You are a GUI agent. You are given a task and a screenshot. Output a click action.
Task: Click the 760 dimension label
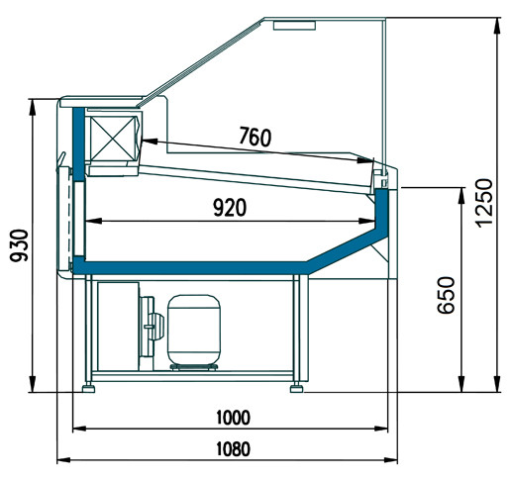pyautogui.click(x=255, y=137)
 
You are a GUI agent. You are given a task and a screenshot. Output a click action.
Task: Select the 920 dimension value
pyautogui.click(x=230, y=208)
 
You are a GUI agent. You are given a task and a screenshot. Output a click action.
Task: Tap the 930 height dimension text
pyautogui.click(x=19, y=245)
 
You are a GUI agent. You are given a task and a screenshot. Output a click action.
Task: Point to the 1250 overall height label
pyautogui.click(x=484, y=203)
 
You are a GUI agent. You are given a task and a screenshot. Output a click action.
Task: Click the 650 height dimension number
pyautogui.click(x=446, y=295)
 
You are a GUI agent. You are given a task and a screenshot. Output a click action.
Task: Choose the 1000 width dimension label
pyautogui.click(x=233, y=418)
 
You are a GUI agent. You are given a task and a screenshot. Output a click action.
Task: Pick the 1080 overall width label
pyautogui.click(x=233, y=449)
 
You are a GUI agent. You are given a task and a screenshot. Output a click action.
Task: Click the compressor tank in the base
pyautogui.click(x=194, y=331)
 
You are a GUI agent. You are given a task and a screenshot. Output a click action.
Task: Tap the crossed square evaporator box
pyautogui.click(x=113, y=138)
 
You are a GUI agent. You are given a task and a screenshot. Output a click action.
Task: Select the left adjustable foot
pyautogui.click(x=88, y=388)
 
